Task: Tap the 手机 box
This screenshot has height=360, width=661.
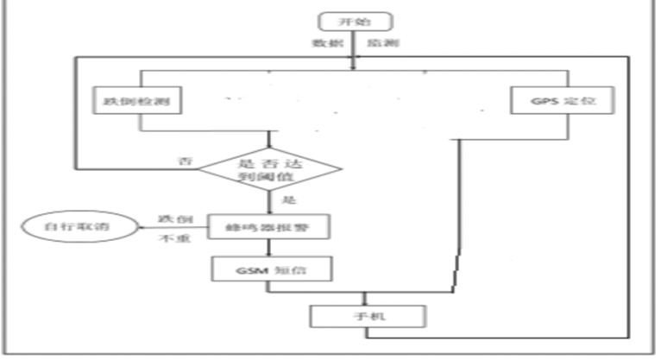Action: pyautogui.click(x=367, y=317)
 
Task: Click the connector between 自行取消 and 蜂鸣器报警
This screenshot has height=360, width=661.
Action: pyautogui.click(x=173, y=228)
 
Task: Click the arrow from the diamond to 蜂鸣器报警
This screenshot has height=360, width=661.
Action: pyautogui.click(x=271, y=201)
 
